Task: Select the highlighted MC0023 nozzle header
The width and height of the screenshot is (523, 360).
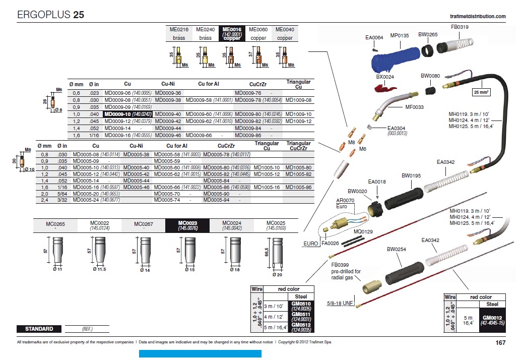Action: point(187,225)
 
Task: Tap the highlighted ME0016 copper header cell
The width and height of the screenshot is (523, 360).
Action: point(232,34)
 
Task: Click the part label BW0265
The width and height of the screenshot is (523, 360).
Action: point(428,34)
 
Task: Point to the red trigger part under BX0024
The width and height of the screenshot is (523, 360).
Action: point(385,88)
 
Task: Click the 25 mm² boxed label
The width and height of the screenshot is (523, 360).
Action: point(481,92)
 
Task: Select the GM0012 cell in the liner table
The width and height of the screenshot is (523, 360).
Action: point(492,320)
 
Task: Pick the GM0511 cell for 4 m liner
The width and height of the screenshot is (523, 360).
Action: point(301,317)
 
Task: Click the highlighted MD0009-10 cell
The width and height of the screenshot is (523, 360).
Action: point(128,114)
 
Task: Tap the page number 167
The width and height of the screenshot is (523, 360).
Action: point(500,343)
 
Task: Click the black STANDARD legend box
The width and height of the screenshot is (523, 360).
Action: point(39,329)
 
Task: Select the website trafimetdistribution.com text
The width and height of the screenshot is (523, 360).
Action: point(478,16)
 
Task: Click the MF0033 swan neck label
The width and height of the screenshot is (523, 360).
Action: point(414,107)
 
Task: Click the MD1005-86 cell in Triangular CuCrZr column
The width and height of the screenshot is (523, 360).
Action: point(298,187)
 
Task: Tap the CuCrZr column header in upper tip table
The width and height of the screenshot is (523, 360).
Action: point(258,84)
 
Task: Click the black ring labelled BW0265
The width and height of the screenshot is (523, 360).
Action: point(428,51)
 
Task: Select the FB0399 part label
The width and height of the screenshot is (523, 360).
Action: point(340,265)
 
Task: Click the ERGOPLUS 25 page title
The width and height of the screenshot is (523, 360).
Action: point(51,15)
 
